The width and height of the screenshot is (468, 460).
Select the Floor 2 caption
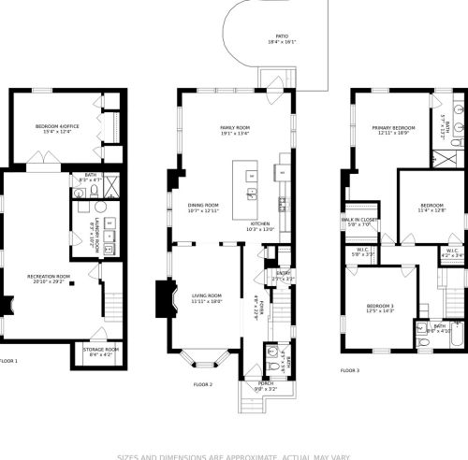(x=203, y=384)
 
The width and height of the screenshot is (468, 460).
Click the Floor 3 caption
(x=350, y=371)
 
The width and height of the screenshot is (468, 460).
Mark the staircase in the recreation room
(x=113, y=306)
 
